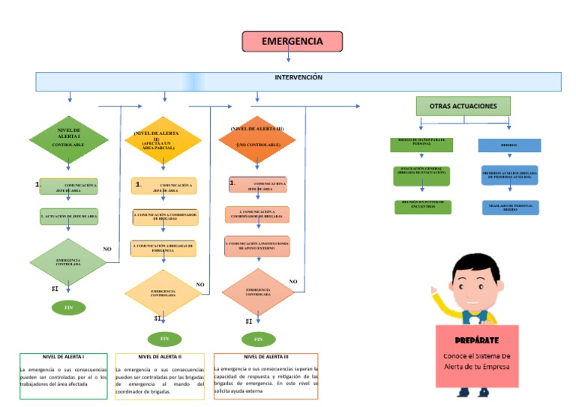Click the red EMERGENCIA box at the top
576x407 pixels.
pyautogui.click(x=292, y=41)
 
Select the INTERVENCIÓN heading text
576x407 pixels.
pyautogui.click(x=298, y=77)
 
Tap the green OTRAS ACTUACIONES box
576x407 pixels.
pyautogui.click(x=463, y=106)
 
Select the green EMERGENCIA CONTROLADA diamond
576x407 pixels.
pyautogui.click(x=68, y=262)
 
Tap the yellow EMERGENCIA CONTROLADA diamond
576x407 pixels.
pyautogui.click(x=163, y=292)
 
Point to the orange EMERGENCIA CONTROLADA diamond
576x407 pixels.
pyautogui.click(x=258, y=292)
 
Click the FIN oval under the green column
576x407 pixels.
pyautogui.click(x=69, y=307)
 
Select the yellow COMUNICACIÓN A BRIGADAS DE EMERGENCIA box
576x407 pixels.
pyautogui.click(x=163, y=248)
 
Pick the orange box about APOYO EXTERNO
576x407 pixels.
pyautogui.click(x=257, y=245)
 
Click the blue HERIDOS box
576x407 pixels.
pyautogui.click(x=509, y=145)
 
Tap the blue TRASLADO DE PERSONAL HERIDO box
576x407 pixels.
pyautogui.click(x=510, y=208)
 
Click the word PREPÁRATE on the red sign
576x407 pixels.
pyautogui.click(x=476, y=340)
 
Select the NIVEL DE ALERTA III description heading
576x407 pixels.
pyautogui.click(x=265, y=358)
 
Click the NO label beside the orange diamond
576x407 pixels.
pyautogui.click(x=293, y=282)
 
